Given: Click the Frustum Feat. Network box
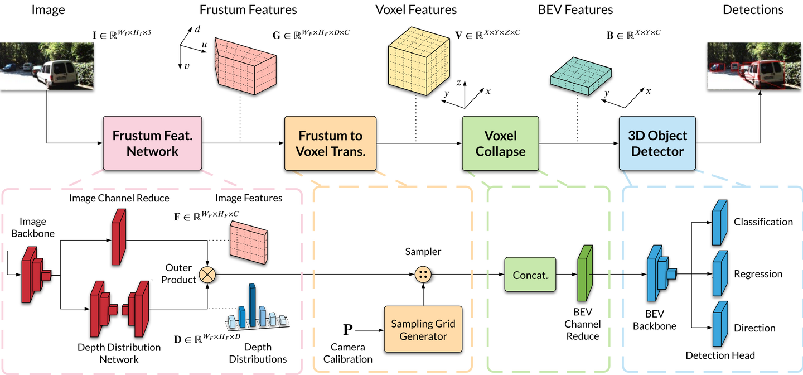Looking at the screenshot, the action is pyautogui.click(x=152, y=143).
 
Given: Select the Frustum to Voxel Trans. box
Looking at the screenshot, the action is pyautogui.click(x=330, y=143).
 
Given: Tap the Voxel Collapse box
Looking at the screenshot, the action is pyautogui.click(x=500, y=143).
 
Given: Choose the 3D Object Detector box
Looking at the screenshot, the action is pyautogui.click(x=657, y=143).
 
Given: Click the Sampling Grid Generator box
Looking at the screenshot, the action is pyautogui.click(x=423, y=329).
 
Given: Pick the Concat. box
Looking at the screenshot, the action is pyautogui.click(x=530, y=275).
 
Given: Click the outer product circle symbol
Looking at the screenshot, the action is pyautogui.click(x=207, y=275).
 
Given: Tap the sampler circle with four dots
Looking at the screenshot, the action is pyautogui.click(x=423, y=275).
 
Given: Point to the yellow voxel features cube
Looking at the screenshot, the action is pyautogui.click(x=419, y=61).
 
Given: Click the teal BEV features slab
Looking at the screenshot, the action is pyautogui.click(x=581, y=76).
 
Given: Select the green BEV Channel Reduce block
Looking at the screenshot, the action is pyautogui.click(x=584, y=273).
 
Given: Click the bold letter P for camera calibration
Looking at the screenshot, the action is pyautogui.click(x=348, y=329).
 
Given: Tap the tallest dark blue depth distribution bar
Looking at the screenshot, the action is pyautogui.click(x=252, y=305).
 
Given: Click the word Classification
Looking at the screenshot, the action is pyautogui.click(x=763, y=222).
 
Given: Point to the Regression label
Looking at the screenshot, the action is pyautogui.click(x=758, y=274).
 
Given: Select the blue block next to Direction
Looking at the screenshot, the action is pyautogui.click(x=720, y=324).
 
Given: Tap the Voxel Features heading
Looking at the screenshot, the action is pyautogui.click(x=416, y=9).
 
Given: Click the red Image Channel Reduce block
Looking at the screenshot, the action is pyautogui.click(x=119, y=237).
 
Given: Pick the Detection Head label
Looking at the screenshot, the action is pyautogui.click(x=720, y=355).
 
